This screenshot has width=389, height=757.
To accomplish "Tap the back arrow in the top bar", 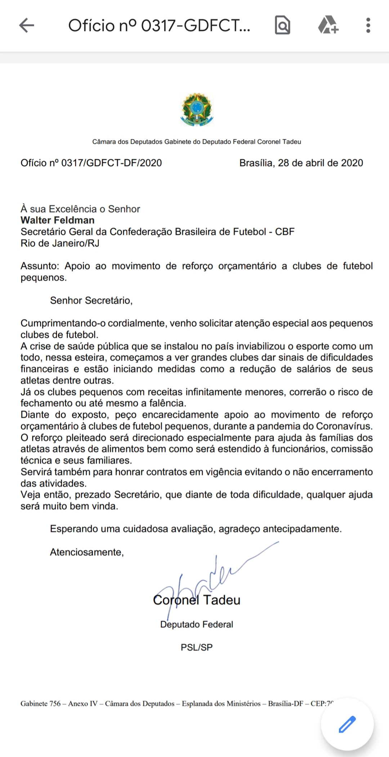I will [x=27, y=26].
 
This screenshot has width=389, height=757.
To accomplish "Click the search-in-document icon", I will [x=282, y=26].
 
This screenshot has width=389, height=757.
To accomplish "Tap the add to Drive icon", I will [x=328, y=26].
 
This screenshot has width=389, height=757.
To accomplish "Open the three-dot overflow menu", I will [x=368, y=26].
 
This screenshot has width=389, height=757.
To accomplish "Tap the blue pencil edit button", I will [x=347, y=724].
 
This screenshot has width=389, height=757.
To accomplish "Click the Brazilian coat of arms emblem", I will [x=197, y=109].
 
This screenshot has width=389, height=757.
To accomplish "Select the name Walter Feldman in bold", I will [x=58, y=220].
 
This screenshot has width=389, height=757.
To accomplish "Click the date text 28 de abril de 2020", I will [x=320, y=163].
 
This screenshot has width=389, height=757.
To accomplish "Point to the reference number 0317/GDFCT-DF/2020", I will [x=111, y=163].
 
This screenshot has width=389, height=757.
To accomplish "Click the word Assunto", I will [x=39, y=266].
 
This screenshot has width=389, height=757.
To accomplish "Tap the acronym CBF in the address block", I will [x=285, y=232].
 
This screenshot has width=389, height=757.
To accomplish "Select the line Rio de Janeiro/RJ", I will [x=60, y=243].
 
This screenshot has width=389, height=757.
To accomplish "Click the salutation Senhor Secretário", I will [x=91, y=301].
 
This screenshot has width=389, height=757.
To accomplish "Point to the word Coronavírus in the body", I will [x=344, y=426].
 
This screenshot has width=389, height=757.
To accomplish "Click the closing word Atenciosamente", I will [x=87, y=552].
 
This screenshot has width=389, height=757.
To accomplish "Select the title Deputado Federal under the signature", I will [x=197, y=624].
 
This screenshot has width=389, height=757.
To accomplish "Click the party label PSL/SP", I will [x=197, y=647].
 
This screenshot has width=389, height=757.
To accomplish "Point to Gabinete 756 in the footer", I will [x=40, y=703].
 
